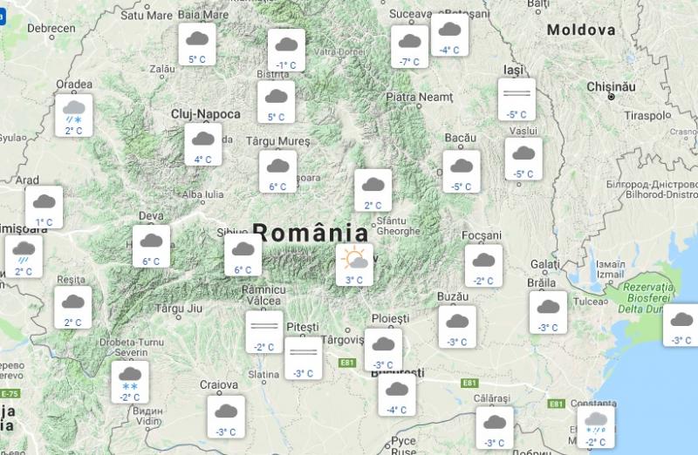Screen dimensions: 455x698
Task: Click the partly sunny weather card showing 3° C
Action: coord(354,264)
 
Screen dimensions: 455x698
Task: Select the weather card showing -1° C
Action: coord(286,50)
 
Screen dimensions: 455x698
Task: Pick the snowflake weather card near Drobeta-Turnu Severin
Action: coord(130,382)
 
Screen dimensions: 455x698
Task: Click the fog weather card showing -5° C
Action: coord(517,98)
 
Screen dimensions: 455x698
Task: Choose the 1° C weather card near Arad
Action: coord(44,207)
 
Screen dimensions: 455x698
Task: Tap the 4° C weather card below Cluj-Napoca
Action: coord(203,144)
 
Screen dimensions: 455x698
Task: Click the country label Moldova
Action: coord(580,30)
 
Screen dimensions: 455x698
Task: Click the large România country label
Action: coord(310,233)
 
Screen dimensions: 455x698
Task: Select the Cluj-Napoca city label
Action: coord(205,114)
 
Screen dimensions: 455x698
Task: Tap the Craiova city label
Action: coord(218,384)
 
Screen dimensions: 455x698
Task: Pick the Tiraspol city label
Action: coord(647,115)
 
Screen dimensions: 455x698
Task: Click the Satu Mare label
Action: coord(145,15)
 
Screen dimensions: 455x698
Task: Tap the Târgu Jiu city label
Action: coord(178,308)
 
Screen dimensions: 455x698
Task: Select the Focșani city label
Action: coord(482,235)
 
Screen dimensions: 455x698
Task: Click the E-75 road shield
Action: coord(8,394)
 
